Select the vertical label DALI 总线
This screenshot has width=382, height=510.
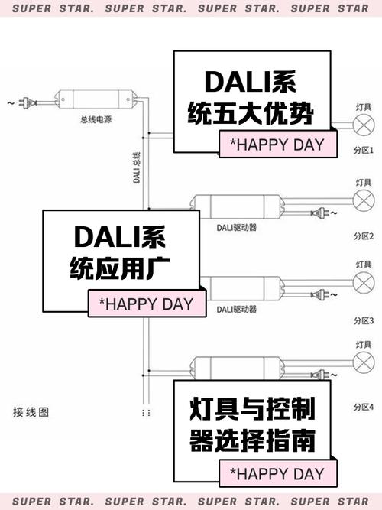coord(136,168)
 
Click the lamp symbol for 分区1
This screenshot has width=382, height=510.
coord(364,126)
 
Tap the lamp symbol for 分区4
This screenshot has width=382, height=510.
coord(364,364)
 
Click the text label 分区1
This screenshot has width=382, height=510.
coord(364,151)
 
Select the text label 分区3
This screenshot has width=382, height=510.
coord(364,320)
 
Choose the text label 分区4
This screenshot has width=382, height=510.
coord(364,405)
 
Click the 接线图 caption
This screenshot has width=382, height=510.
coord(31,412)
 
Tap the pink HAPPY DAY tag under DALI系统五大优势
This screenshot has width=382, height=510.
coord(277,145)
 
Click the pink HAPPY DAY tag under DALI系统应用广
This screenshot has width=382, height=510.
coord(146,304)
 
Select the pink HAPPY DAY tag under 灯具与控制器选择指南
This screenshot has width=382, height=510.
coord(277,473)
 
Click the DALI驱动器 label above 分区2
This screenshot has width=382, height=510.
coord(236,227)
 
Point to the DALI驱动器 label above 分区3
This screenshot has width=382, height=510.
coord(236,309)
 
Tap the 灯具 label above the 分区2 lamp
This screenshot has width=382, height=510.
coord(364,182)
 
